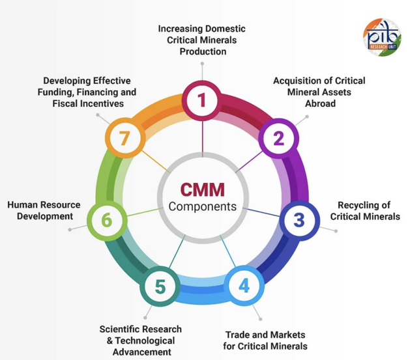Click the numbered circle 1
[202, 100]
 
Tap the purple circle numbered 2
[278, 138]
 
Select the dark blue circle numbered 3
[298, 220]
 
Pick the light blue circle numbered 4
[244, 286]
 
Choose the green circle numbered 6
[106, 220]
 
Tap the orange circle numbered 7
[124, 138]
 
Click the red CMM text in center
[202, 190]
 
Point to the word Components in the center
[202, 206]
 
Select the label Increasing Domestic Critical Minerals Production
[203, 40]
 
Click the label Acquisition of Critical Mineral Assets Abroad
[319, 92]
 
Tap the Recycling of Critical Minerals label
[365, 210]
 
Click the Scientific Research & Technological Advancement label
[141, 340]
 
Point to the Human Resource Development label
[44, 210]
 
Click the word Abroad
[320, 103]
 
